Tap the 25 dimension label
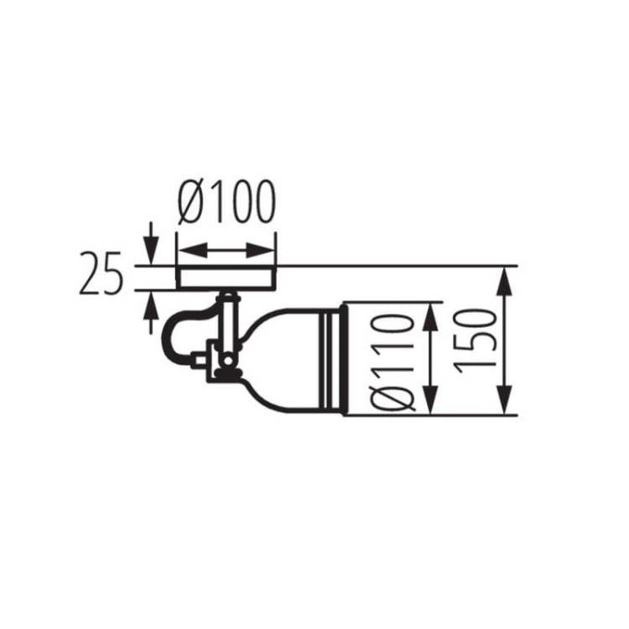[101, 273]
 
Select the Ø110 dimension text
[392, 363]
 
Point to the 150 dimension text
[476, 341]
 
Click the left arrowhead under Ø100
[193, 250]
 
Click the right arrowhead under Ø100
[259, 250]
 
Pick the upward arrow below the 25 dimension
[151, 312]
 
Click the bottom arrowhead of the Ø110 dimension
[430, 398]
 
